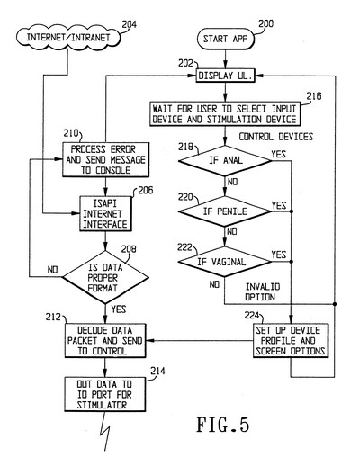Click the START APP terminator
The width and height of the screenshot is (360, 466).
point(226,39)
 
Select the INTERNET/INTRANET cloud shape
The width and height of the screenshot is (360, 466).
point(68,38)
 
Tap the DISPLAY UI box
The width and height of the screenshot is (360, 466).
point(225,76)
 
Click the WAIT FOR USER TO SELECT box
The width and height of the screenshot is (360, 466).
point(225,113)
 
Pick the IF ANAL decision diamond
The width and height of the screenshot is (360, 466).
point(225,160)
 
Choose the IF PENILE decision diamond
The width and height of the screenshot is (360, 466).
point(225,211)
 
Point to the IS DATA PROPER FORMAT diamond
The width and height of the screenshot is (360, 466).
point(105,277)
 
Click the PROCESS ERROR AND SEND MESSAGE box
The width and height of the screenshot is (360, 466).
point(105,159)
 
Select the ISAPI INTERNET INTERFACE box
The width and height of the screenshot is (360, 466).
point(105,213)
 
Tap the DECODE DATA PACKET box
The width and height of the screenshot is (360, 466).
point(105,340)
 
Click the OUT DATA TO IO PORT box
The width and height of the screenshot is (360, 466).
point(105,394)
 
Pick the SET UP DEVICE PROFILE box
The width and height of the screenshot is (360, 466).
point(291,340)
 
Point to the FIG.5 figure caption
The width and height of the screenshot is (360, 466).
point(223,425)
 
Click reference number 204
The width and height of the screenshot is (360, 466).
point(130,24)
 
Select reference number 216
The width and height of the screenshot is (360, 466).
point(314,96)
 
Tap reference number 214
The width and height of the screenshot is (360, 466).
point(157,371)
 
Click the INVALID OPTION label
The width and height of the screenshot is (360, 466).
point(263,291)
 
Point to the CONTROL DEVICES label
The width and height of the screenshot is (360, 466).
point(276,137)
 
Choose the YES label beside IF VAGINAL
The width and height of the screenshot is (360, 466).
point(279,255)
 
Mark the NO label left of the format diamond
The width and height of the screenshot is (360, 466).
point(52,270)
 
